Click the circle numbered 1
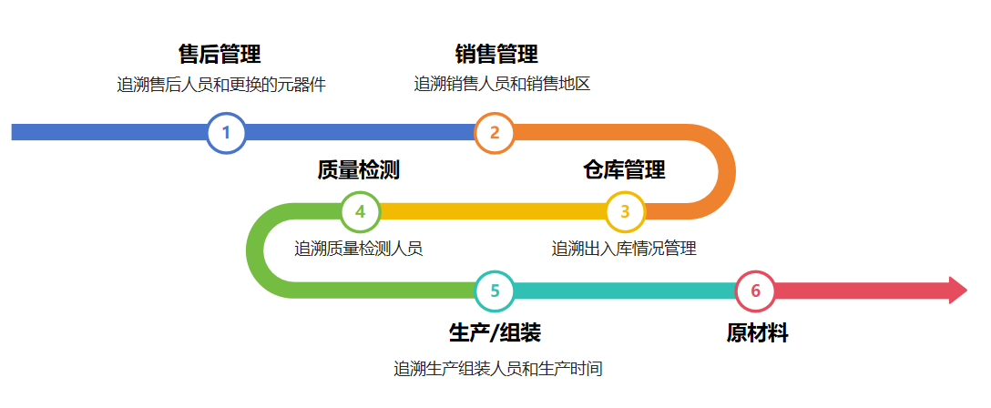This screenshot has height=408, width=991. click(x=226, y=133)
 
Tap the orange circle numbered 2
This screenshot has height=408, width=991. click(x=495, y=133)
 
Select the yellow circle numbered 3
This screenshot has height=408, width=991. click(x=625, y=211)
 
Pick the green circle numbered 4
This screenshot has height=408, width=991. click(x=360, y=211)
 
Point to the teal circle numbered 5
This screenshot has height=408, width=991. click(x=495, y=291)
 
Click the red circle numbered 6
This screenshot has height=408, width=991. click(x=755, y=291)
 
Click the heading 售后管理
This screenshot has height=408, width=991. click(x=220, y=55)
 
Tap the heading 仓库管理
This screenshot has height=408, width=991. click(x=624, y=169)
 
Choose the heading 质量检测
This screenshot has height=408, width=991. click(x=358, y=169)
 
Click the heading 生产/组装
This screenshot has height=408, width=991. click(x=495, y=333)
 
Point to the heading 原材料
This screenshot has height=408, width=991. click(x=757, y=333)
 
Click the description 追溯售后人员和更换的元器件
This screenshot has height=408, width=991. click(x=221, y=86)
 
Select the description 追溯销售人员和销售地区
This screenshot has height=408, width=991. click(x=502, y=86)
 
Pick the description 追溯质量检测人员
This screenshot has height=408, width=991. click(x=358, y=249)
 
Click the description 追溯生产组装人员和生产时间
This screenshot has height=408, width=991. click(x=498, y=370)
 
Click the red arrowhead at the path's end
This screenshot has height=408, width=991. click(x=956, y=291)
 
